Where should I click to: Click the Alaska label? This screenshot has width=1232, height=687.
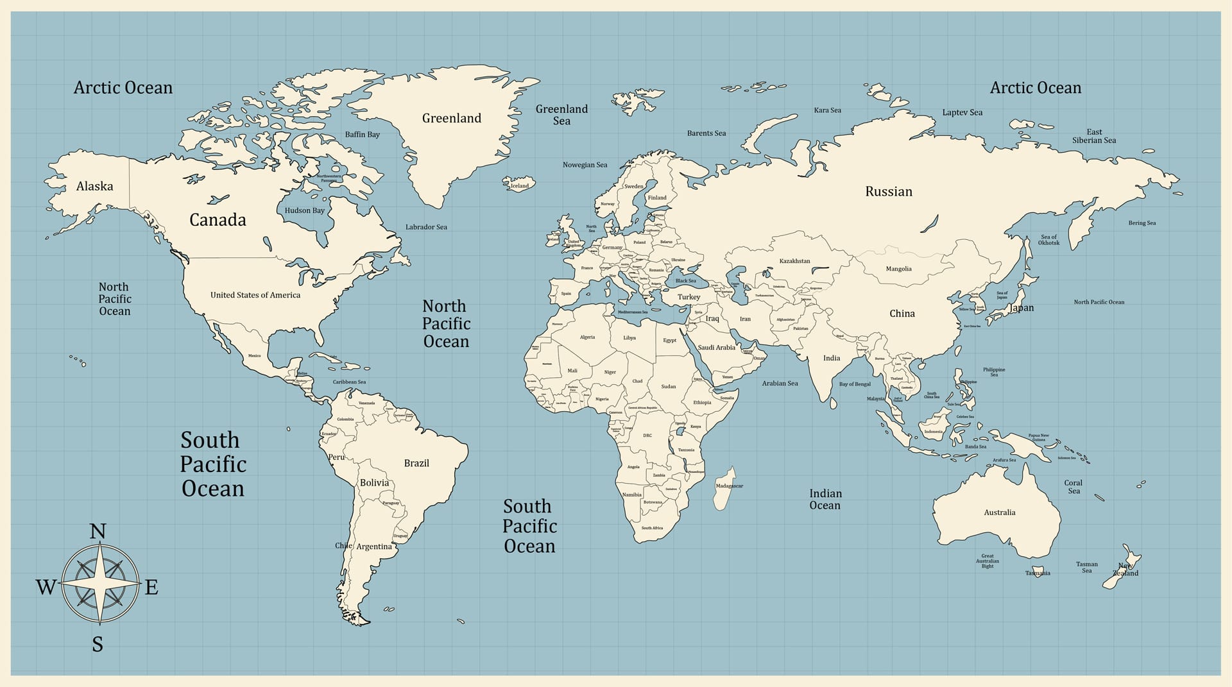(94, 187)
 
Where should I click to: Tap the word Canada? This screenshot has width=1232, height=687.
(218, 220)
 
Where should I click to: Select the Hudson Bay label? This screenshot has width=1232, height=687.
(305, 210)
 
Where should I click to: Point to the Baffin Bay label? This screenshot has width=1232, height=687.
(363, 135)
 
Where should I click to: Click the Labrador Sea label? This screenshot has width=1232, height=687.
(426, 227)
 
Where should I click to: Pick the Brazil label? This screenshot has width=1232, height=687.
(416, 463)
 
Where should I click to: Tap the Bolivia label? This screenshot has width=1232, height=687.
(374, 483)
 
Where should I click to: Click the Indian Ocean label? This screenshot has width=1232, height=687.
(825, 499)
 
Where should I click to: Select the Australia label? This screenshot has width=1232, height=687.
(1000, 513)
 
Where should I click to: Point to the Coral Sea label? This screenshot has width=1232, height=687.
(1074, 487)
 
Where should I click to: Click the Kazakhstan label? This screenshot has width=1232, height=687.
(794, 261)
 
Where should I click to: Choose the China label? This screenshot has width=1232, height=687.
(902, 314)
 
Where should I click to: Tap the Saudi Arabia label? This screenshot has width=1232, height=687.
(716, 348)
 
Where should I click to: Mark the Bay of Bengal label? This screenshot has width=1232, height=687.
(855, 384)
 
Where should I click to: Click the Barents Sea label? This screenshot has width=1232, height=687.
(706, 133)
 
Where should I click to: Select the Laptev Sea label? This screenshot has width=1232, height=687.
(962, 112)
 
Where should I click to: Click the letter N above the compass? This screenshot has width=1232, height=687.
(98, 532)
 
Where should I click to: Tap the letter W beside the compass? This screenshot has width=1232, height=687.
(46, 587)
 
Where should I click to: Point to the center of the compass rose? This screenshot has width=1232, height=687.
(100, 584)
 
